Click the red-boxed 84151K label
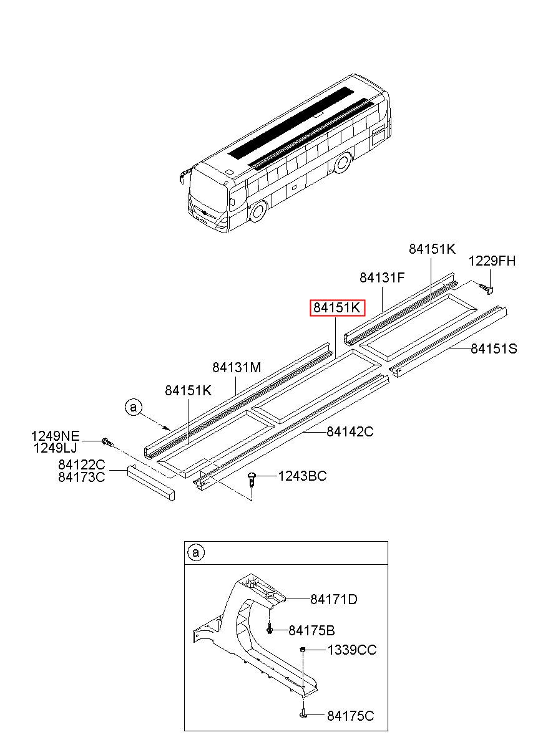pos(337,308)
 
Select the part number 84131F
pos(383,277)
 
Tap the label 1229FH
pos(492,261)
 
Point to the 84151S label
pos(494,349)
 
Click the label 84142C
pos(350,431)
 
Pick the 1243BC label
pos(302,476)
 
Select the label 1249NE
pos(56,435)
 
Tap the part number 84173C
pos(82,477)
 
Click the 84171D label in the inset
pos(334,600)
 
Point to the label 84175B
pos(312,630)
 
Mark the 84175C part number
pos(350,716)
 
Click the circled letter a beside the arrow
pos(133,407)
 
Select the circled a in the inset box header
pos(196,552)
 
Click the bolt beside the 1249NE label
pos(107,442)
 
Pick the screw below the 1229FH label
pos(487,287)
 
